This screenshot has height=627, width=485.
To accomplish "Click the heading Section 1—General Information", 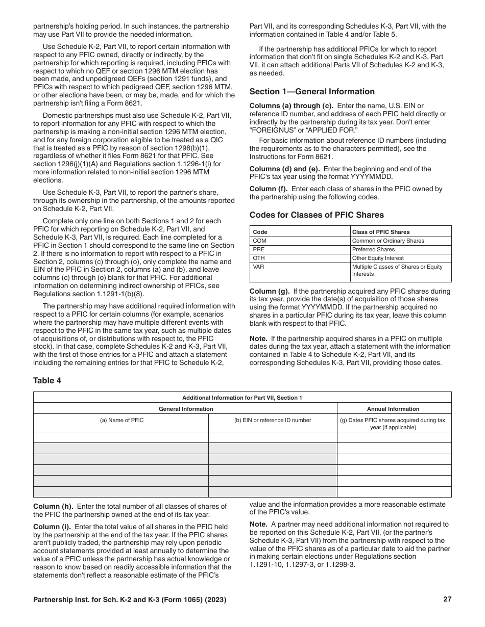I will coord(312,92).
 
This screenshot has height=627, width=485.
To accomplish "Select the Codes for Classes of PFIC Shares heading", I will coord(317,215).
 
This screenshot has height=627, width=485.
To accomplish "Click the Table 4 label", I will coord(47,380).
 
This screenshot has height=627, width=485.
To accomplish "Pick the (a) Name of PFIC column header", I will coord(122,421).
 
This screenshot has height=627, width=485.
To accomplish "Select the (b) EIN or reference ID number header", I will coord(273,421).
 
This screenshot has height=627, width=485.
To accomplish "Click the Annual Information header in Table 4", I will coord(393,409).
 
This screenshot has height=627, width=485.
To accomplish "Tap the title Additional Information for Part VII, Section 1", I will coord(242,398).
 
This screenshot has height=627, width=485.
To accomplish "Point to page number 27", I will coord(447,599).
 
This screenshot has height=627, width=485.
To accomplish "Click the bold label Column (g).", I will coord(270,292).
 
